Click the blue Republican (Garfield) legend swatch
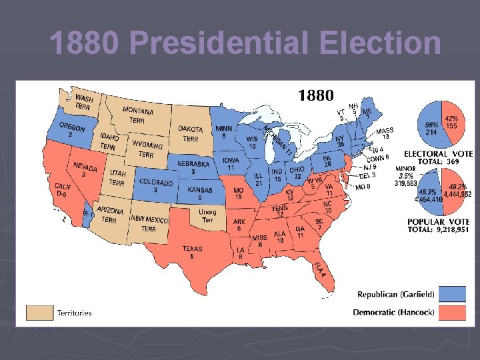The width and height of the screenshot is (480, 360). point(462,294)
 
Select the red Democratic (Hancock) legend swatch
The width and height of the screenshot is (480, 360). point(462,312)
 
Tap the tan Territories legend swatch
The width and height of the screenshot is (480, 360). point(39,312)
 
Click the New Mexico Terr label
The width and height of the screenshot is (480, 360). point(149,223)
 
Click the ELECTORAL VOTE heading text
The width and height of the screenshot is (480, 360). point(438,153)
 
